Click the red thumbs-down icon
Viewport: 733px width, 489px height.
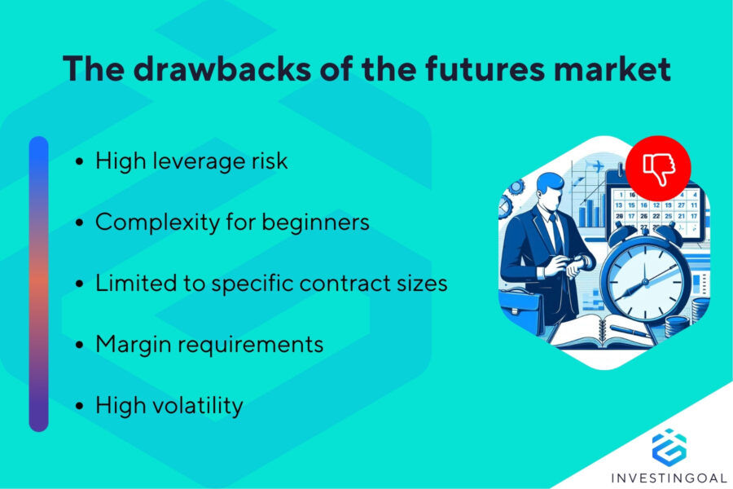click(659, 167)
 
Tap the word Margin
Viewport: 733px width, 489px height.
click(134, 344)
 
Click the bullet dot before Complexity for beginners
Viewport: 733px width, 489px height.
click(79, 223)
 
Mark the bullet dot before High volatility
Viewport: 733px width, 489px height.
click(79, 406)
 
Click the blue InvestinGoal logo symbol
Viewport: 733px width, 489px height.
click(669, 447)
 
